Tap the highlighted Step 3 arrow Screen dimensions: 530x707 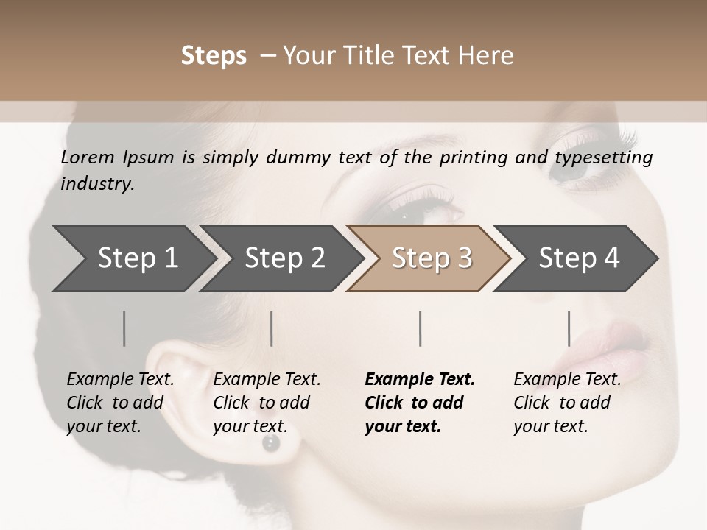tap(430, 258)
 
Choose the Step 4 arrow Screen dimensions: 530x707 tap(577, 258)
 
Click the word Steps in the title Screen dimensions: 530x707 tap(214, 56)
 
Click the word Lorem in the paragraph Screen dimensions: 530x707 tap(87, 157)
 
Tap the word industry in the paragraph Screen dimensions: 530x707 tap(96, 183)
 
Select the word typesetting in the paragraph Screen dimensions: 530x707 tap(603, 158)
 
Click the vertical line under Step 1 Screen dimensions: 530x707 tap(124, 328)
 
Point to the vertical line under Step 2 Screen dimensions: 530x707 tap(272, 328)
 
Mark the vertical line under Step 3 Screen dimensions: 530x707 tap(420, 328)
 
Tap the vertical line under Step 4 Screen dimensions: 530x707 tap(569, 328)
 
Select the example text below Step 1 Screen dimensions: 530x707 tap(120, 403)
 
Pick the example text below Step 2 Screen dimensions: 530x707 tap(267, 403)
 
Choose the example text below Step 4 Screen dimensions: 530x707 tap(566, 403)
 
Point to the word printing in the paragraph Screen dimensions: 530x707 tap(474, 158)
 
